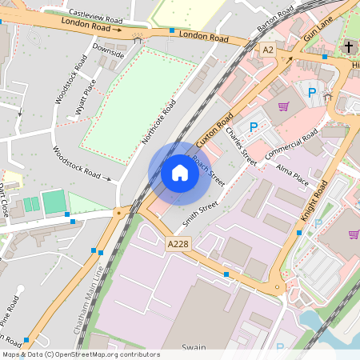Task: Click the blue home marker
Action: (180, 173)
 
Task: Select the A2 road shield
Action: (268, 50)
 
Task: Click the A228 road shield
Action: (178, 243)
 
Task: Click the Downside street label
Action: (108, 50)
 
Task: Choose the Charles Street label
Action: (240, 142)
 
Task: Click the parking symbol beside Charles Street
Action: (254, 126)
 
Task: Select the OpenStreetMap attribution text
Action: (80, 354)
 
